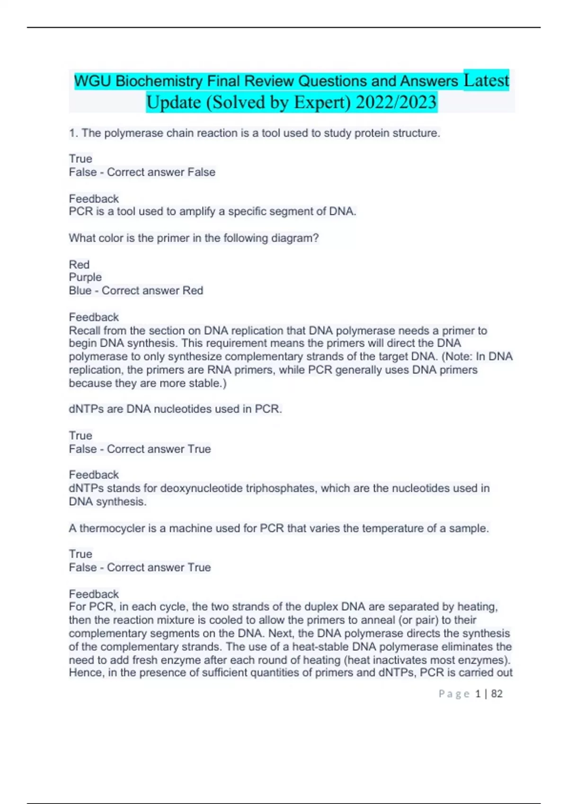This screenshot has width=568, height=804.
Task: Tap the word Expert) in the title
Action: click(322, 102)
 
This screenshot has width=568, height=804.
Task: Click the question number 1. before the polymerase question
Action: click(73, 133)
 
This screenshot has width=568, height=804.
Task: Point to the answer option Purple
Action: click(85, 277)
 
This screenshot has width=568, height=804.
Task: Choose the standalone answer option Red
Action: click(79, 264)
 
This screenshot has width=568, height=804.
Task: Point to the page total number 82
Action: click(497, 694)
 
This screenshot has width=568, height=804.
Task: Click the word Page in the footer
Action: click(454, 694)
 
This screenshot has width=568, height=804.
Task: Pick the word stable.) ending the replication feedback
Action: click(207, 383)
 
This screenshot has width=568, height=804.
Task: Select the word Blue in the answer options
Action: click(80, 290)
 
